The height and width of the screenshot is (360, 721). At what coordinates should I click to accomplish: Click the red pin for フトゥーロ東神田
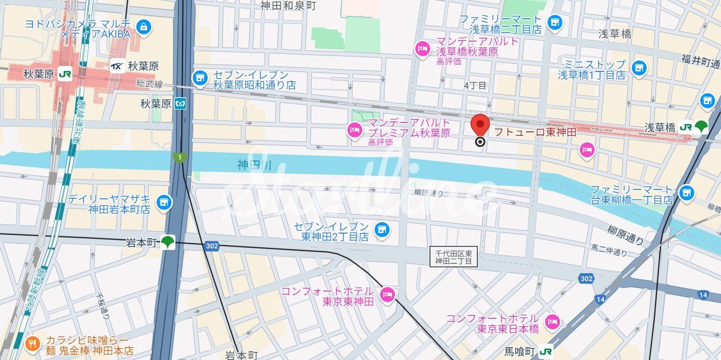pyautogui.click(x=480, y=124)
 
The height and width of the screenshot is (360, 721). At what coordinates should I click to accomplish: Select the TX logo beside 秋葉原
pyautogui.click(x=117, y=65)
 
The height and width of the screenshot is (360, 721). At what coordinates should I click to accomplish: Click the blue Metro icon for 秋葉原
pyautogui.click(x=181, y=104)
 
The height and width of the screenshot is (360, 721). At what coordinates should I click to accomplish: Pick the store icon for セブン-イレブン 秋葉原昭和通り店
pyautogui.click(x=200, y=77)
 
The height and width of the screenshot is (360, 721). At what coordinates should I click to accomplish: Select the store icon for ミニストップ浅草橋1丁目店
pyautogui.click(x=639, y=68)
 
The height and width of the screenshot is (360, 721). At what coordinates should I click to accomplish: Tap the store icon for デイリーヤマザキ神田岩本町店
pyautogui.click(x=164, y=202)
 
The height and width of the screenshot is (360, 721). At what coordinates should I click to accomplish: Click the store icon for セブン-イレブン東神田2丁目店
pyautogui.click(x=381, y=230)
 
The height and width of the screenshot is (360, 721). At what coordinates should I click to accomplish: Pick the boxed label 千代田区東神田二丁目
pyautogui.click(x=453, y=256)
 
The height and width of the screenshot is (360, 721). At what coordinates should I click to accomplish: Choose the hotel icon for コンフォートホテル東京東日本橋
pyautogui.click(x=552, y=322)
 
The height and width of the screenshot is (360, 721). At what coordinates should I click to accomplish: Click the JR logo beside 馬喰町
pyautogui.click(x=546, y=352)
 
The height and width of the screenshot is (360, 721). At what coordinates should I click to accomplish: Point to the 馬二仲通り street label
pyautogui.click(x=609, y=250)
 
